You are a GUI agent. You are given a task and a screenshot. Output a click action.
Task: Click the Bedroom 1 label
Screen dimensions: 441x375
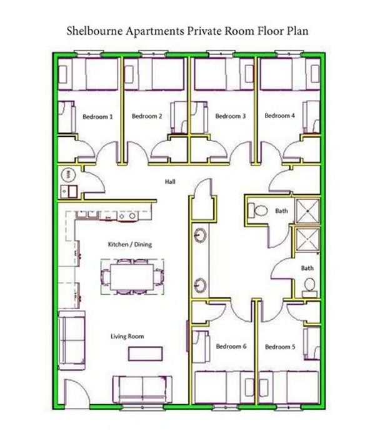[x=97, y=116]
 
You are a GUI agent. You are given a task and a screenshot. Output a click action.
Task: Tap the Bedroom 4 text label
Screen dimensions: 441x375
[x=279, y=116]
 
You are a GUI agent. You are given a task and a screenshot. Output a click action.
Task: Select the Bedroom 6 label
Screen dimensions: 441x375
[x=231, y=347]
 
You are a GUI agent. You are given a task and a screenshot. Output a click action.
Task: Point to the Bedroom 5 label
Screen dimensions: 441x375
[x=279, y=347]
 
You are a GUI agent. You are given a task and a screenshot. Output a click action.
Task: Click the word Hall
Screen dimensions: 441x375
[x=170, y=182]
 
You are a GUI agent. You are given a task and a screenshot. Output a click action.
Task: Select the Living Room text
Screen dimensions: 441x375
[x=127, y=337]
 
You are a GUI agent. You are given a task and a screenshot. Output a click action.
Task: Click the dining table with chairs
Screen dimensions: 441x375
[x=132, y=275]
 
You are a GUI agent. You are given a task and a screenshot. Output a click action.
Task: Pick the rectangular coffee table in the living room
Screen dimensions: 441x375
[x=146, y=353]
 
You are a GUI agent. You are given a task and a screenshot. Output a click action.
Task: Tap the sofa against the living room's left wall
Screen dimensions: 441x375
[x=69, y=337]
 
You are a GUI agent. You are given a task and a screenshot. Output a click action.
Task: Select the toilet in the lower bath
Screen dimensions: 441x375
[x=309, y=287]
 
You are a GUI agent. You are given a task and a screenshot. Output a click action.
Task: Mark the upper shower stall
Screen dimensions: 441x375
[x=306, y=211]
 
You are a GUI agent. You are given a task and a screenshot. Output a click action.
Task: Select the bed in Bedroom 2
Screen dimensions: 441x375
[x=155, y=74]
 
